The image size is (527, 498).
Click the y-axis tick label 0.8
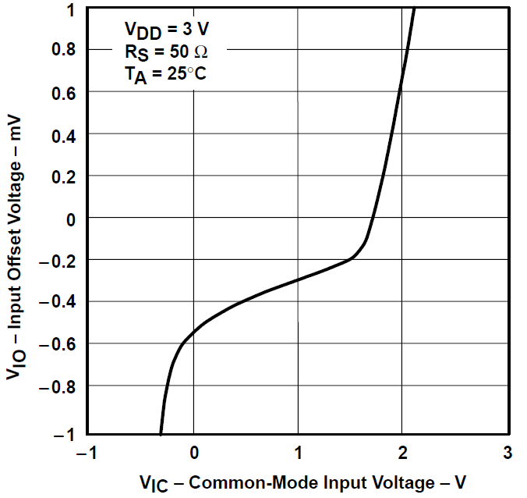(65, 50)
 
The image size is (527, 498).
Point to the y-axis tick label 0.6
(65, 92)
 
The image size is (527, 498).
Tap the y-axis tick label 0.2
(65, 176)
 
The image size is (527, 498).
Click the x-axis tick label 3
(507, 454)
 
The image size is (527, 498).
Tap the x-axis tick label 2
(402, 454)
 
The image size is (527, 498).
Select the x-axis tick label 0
(193, 454)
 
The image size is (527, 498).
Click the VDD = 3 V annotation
(166, 30)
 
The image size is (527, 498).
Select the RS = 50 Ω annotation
(166, 52)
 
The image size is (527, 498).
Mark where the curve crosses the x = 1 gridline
(298, 280)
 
